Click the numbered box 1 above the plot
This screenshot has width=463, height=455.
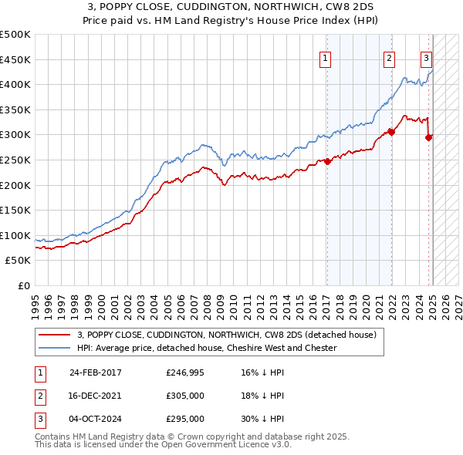(325, 57)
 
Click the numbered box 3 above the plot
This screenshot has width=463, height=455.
(426, 57)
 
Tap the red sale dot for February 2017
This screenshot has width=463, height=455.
(327, 161)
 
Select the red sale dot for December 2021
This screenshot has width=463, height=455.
(391, 132)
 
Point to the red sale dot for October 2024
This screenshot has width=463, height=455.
(428, 137)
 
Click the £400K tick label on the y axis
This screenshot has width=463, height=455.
(15, 85)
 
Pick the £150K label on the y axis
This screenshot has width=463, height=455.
(15, 210)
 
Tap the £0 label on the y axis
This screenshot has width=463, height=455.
(25, 285)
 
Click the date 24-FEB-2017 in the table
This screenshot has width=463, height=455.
(96, 372)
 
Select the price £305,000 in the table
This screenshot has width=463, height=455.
(185, 396)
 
